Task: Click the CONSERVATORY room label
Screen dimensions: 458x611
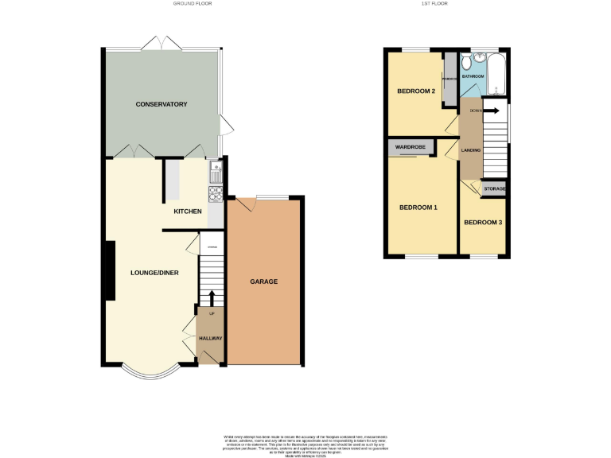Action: click(x=161, y=104)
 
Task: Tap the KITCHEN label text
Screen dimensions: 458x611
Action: click(x=188, y=212)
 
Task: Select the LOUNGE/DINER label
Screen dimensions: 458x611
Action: click(x=154, y=273)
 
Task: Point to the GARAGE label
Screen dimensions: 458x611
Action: click(x=263, y=281)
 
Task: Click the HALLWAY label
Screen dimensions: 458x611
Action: click(x=210, y=339)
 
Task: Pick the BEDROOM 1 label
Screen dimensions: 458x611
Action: click(x=418, y=208)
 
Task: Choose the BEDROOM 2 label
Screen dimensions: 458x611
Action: click(x=416, y=91)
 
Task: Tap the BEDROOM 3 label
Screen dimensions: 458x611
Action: click(x=483, y=222)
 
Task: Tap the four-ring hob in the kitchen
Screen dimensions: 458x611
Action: click(x=215, y=194)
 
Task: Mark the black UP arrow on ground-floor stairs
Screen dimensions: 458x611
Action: click(x=212, y=298)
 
